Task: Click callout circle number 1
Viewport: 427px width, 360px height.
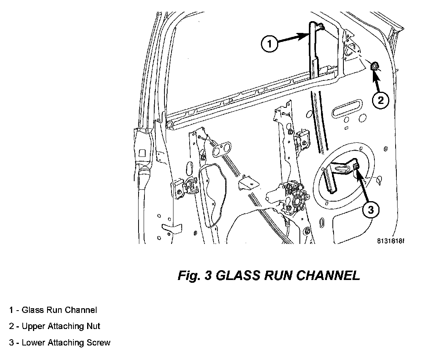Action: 269,44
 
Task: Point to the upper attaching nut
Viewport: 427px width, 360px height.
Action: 375,67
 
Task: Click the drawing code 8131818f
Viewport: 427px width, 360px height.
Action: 391,241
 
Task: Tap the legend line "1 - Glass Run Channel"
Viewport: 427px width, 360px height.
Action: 53,310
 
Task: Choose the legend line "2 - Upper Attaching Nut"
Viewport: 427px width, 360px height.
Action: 55,326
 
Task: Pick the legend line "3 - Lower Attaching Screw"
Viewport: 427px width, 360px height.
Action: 60,342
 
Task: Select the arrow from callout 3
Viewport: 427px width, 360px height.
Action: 363,186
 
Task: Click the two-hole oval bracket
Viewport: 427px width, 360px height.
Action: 223,149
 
